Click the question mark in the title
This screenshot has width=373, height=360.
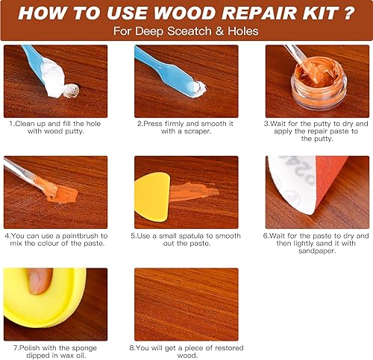(x=348, y=13)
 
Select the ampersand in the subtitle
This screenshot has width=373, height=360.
(x=220, y=31)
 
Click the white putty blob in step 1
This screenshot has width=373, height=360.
(x=54, y=79)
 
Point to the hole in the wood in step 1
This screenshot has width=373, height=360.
(x=72, y=90)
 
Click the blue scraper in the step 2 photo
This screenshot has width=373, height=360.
(x=166, y=71)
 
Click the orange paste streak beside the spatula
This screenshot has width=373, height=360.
(x=195, y=192)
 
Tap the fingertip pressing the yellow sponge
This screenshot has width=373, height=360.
(x=40, y=281)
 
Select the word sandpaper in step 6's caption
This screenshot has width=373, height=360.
(x=317, y=251)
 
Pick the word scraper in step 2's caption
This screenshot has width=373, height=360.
(x=198, y=131)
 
